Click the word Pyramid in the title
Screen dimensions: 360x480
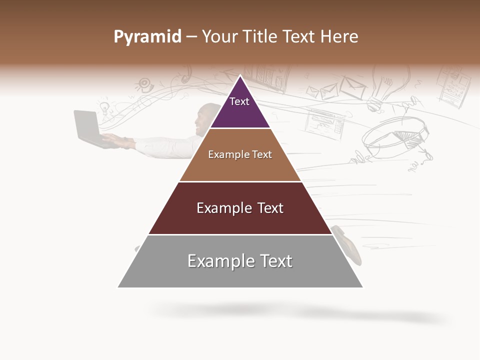click(147, 37)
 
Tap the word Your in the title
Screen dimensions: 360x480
click(218, 37)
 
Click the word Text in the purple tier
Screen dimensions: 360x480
click(239, 101)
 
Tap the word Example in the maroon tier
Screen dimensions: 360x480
click(222, 208)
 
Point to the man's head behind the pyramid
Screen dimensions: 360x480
click(206, 117)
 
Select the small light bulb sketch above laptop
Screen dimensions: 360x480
click(104, 107)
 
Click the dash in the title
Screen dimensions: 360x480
click(191, 37)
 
